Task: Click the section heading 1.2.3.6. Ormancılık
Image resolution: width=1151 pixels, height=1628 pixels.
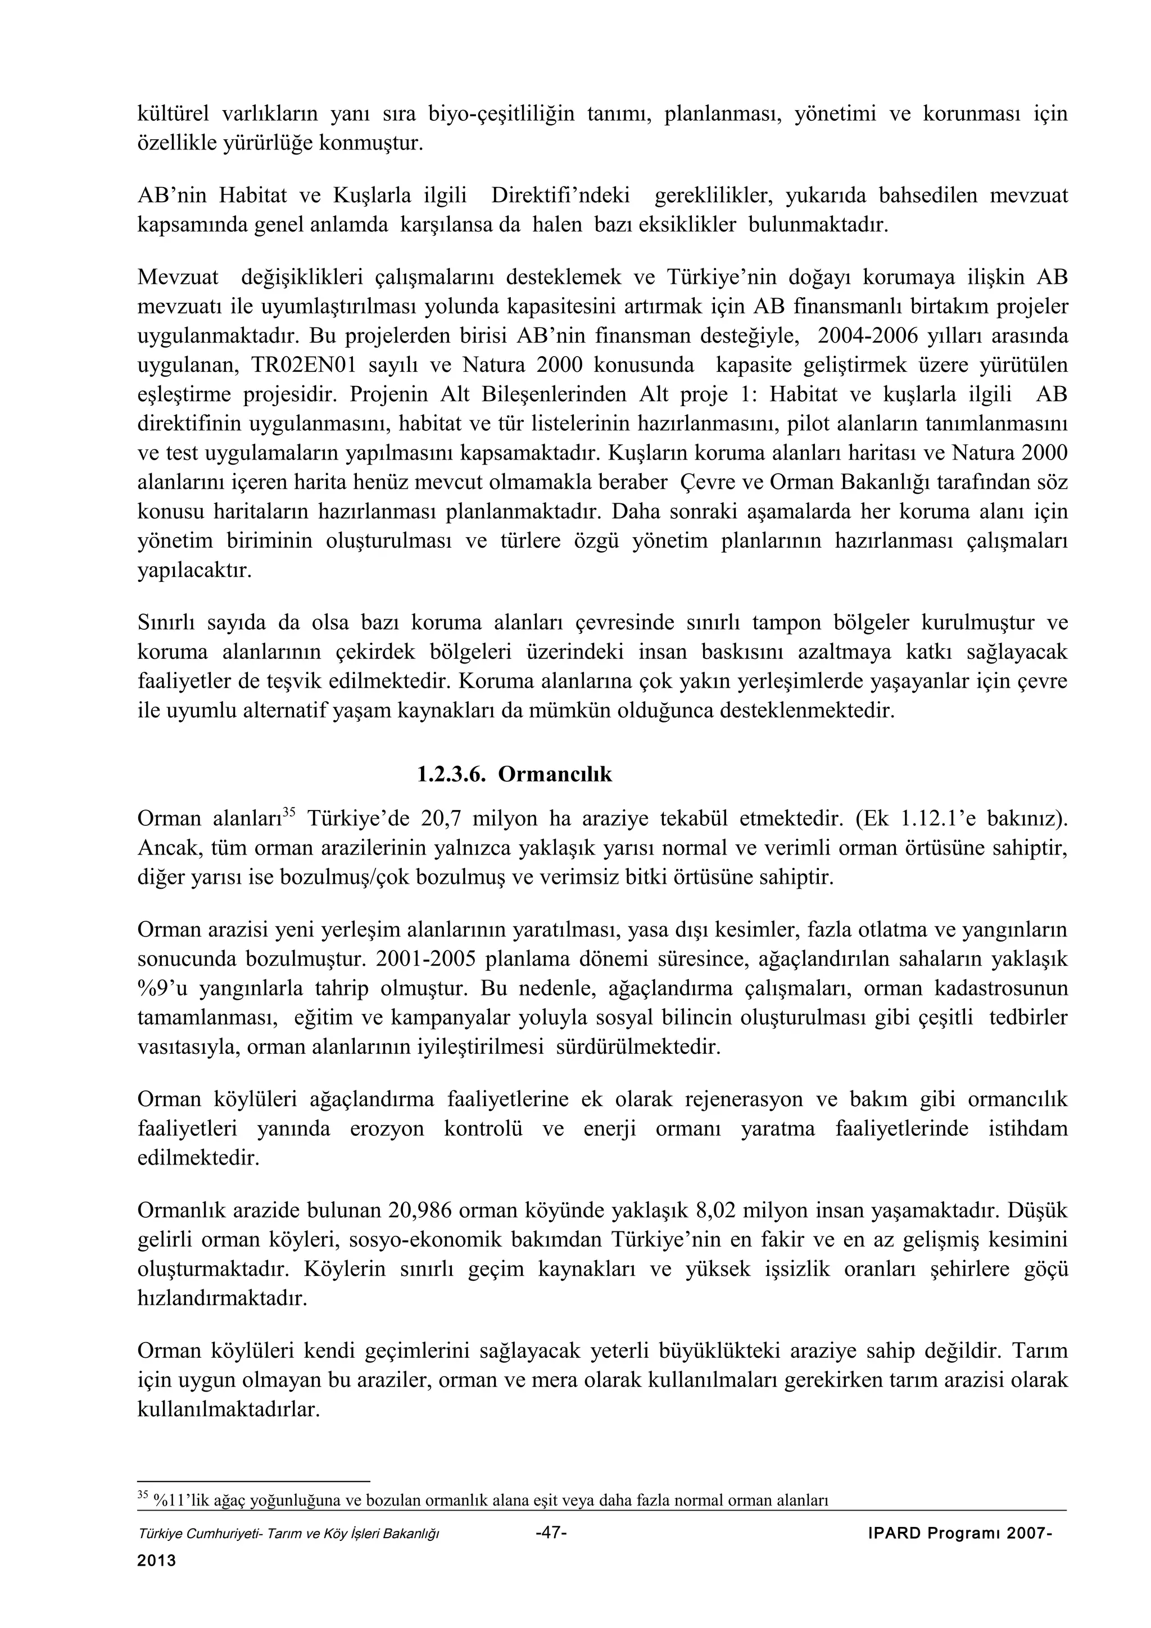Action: [x=514, y=774]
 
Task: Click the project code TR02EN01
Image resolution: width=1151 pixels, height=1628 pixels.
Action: [x=305, y=365]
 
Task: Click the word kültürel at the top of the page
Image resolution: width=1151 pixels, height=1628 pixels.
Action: [x=170, y=113]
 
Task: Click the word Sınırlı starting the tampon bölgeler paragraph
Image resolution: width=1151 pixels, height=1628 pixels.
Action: [x=165, y=622]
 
